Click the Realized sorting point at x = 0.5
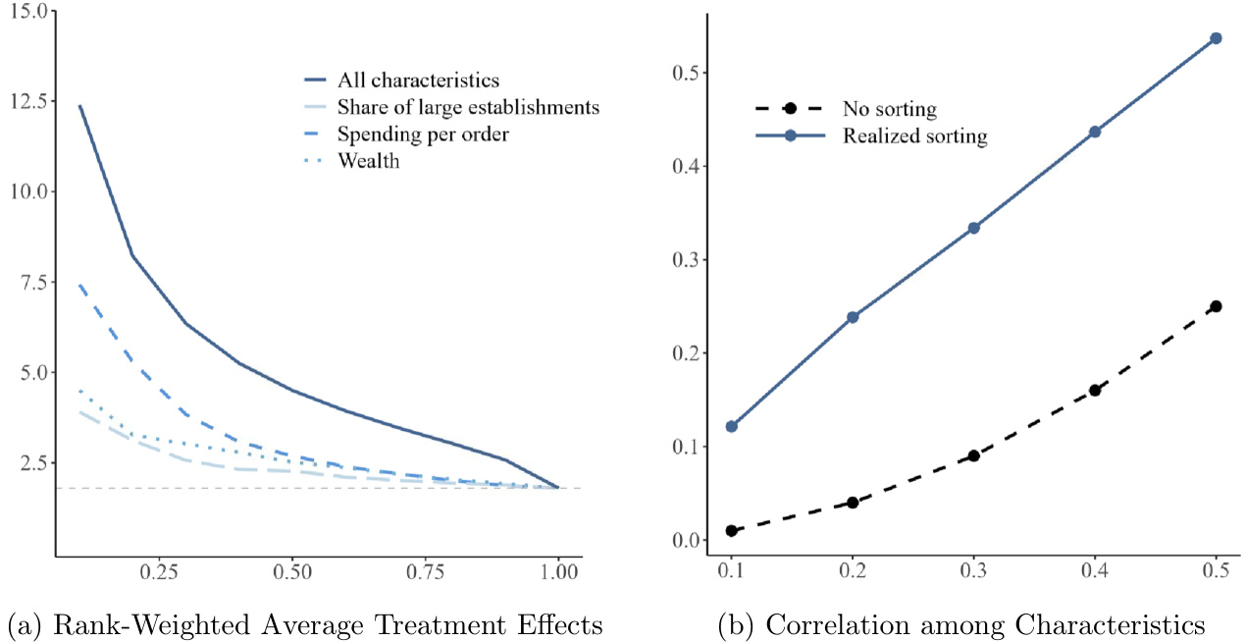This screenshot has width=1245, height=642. pyautogui.click(x=1217, y=38)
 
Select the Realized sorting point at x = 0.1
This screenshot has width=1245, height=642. pyautogui.click(x=731, y=426)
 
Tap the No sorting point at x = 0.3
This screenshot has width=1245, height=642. pyautogui.click(x=973, y=455)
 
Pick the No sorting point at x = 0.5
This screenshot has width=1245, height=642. pyautogui.click(x=1217, y=306)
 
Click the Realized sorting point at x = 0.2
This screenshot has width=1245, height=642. pyautogui.click(x=853, y=317)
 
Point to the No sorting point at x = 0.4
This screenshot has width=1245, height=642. pyautogui.click(x=1095, y=390)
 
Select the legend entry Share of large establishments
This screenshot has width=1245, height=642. pyautogui.click(x=467, y=108)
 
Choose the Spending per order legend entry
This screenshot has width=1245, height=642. pyautogui.click(x=411, y=134)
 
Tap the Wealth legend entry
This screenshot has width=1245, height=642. pyautogui.click(x=368, y=162)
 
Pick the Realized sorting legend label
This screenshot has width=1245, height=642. pyautogui.click(x=914, y=135)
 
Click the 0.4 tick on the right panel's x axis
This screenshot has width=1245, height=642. pyautogui.click(x=1095, y=570)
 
